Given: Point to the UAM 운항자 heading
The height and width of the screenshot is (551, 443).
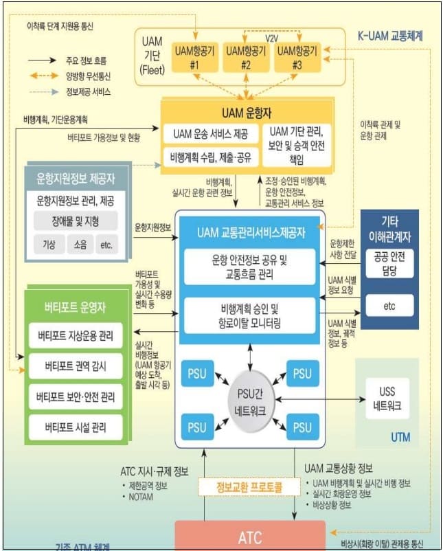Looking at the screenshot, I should click(247, 112).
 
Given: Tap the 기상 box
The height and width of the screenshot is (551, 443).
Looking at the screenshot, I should click(50, 244).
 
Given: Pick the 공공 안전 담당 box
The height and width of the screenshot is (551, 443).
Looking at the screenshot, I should click(389, 263).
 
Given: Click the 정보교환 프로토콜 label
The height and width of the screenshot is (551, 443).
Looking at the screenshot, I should click(249, 487).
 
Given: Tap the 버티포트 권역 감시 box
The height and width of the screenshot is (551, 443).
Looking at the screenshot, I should click(75, 366).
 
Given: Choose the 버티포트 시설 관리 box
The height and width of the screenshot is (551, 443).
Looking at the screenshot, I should click(75, 426).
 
